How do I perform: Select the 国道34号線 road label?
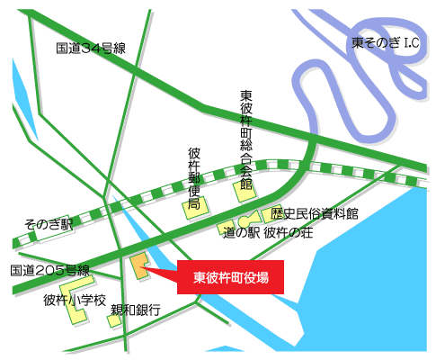90,49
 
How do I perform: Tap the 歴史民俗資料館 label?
315,214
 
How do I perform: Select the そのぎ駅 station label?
47,226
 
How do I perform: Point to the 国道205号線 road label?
50,270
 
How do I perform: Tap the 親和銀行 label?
135,310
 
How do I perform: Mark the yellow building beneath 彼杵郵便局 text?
192,211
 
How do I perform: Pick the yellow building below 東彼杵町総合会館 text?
244,190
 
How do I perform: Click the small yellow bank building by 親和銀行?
114,320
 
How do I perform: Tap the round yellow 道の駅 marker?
244,222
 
